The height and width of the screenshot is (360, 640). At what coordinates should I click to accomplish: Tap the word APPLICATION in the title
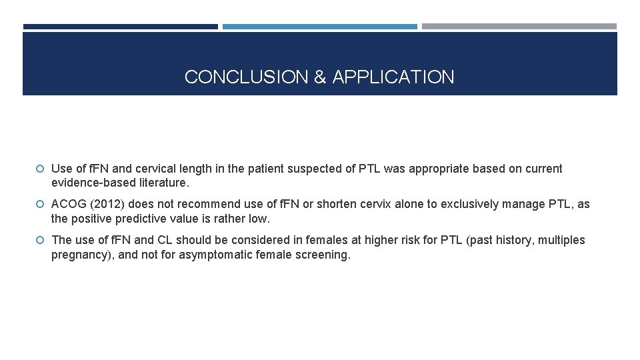(x=393, y=77)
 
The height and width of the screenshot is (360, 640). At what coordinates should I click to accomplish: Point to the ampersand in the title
(x=320, y=77)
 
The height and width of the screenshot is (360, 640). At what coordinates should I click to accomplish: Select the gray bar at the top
(x=519, y=27)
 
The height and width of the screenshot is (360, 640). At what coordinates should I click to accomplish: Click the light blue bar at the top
(x=320, y=27)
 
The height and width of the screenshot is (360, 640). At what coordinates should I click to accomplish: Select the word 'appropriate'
(x=439, y=169)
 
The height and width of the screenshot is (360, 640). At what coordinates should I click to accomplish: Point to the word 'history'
(x=511, y=239)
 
